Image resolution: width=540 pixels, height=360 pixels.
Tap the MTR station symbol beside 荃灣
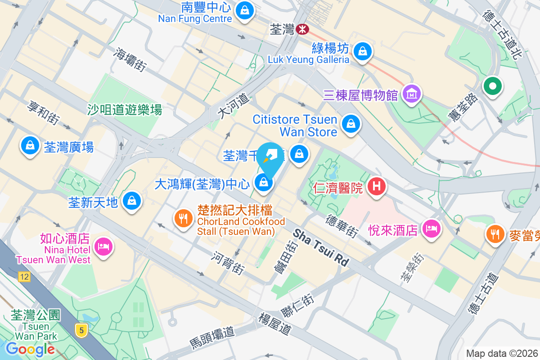coord(302,30)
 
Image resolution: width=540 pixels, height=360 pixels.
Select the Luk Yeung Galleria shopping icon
coord(362,51)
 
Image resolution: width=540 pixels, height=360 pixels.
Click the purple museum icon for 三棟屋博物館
coord(412,94)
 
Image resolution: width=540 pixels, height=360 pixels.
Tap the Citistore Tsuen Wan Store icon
coord(351,124)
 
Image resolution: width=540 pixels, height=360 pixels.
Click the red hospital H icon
coord(377,186)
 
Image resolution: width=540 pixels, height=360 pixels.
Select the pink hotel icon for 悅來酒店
coord(432,229)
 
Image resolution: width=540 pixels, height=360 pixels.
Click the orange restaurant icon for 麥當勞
coord(495,234)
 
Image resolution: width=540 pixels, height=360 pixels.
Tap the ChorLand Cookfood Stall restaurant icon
coord(183,219)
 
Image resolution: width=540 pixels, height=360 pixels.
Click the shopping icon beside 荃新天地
coord(132,201)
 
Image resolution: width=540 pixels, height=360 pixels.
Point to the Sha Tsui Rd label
coord(321,247)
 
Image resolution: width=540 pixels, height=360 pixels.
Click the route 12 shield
coord(24,277)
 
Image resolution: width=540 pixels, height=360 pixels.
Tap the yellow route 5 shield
coord(81,331)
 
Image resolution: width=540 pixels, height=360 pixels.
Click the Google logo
coord(30,349)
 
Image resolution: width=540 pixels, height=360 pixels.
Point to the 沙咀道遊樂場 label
coord(125,109)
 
